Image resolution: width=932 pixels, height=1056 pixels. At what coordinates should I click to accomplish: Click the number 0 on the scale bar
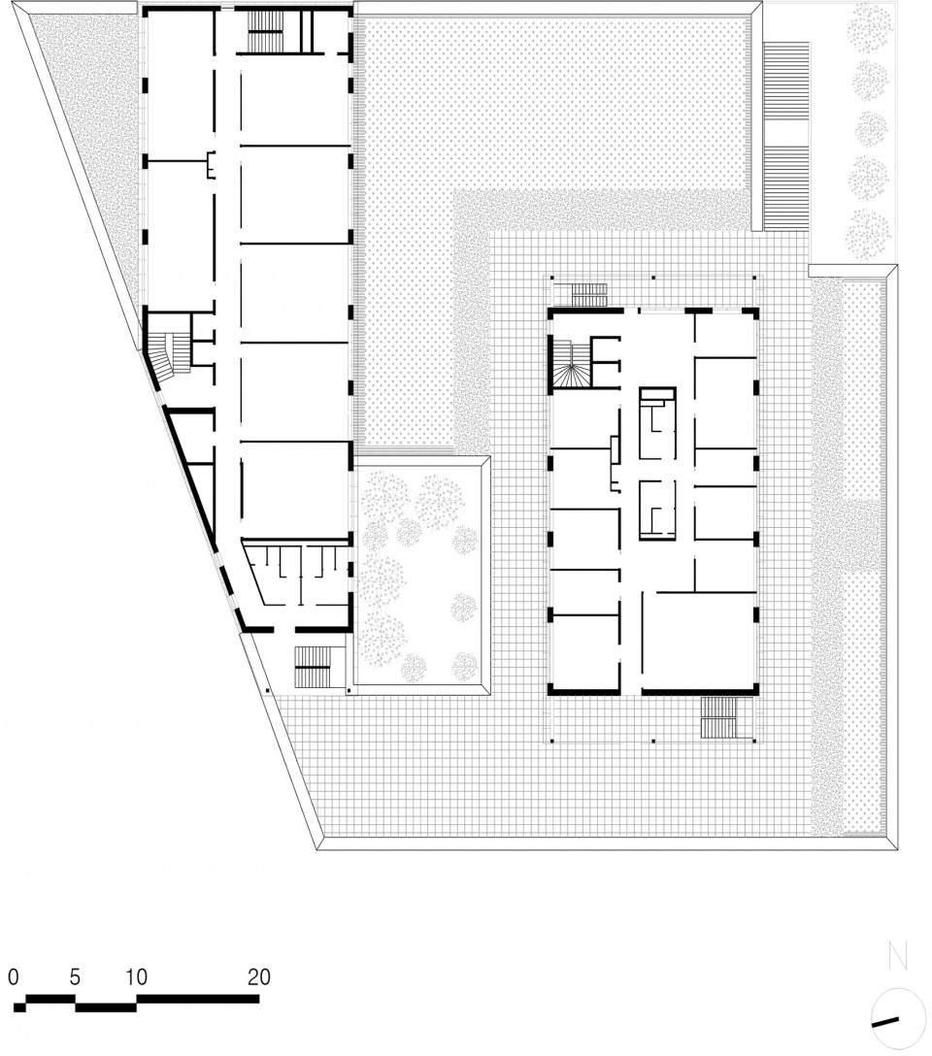coord(13,977)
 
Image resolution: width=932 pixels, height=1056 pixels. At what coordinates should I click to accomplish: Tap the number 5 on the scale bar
coord(74,977)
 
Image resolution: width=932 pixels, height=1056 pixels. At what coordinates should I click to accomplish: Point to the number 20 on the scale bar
coord(257,977)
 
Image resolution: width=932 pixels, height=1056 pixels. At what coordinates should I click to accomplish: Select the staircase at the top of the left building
coord(265,31)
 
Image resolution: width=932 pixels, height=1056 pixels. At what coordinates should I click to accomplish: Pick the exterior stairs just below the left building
coord(314,668)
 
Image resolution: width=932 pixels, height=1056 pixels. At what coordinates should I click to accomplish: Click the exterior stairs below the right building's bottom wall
coord(719,717)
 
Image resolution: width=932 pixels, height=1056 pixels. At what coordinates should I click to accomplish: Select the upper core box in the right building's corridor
coord(657,423)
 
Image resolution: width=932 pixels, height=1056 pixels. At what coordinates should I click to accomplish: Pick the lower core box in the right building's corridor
coord(657,510)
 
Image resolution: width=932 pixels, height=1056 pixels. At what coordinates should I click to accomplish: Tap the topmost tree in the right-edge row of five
coord(870,26)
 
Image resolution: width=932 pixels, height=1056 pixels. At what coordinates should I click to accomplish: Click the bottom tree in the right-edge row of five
coord(869,230)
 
